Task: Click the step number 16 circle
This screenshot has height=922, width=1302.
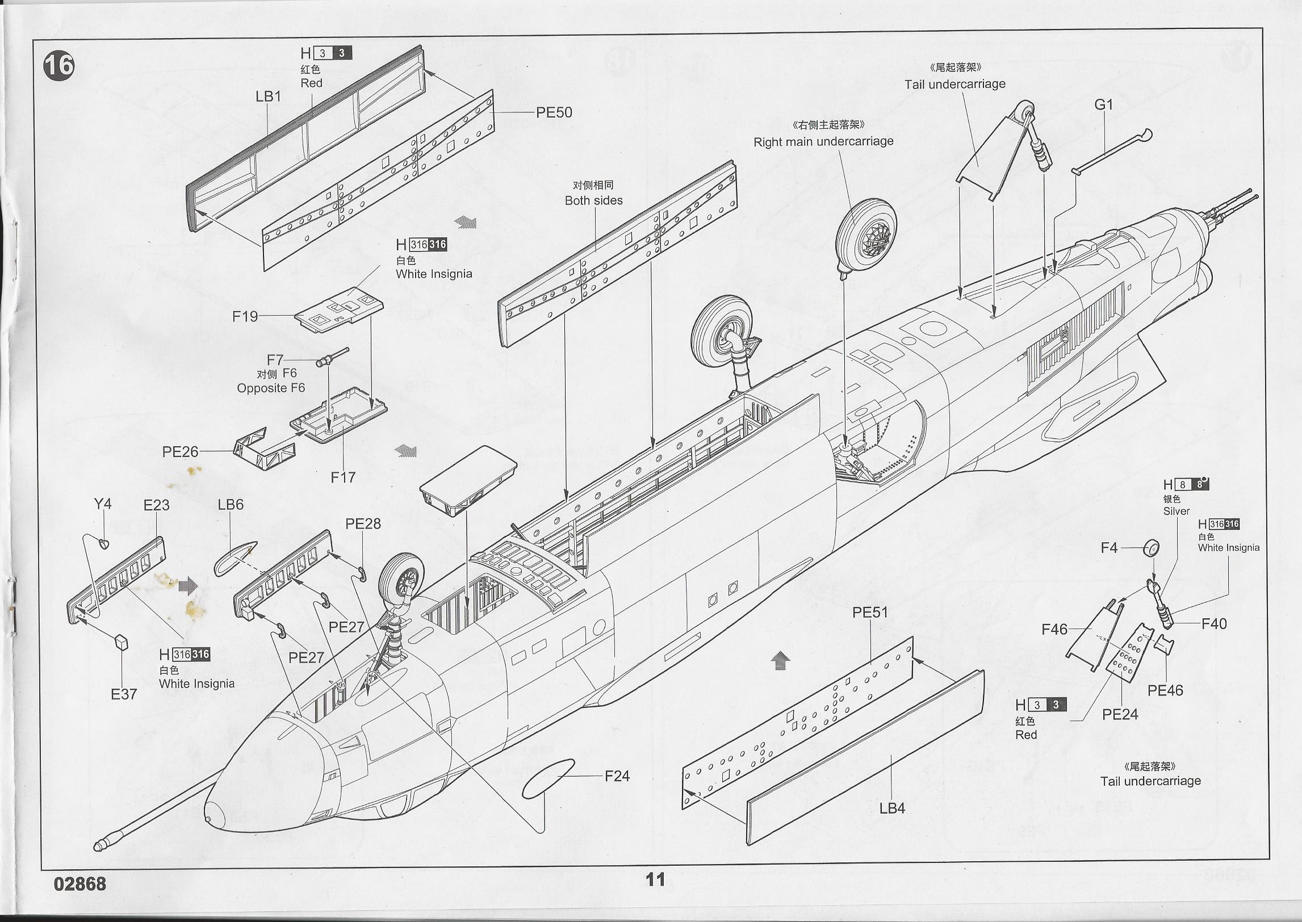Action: pyautogui.click(x=58, y=66)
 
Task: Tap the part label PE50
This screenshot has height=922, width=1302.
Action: pyautogui.click(x=554, y=112)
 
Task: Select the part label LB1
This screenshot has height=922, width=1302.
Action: pyautogui.click(x=269, y=97)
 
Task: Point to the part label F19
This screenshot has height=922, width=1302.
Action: pyautogui.click(x=245, y=316)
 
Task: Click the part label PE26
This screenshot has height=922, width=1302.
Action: pyautogui.click(x=180, y=452)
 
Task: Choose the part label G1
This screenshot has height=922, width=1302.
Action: pyautogui.click(x=1103, y=104)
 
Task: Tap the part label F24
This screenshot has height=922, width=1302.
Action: pyautogui.click(x=617, y=776)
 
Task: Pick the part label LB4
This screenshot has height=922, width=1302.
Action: pyautogui.click(x=892, y=808)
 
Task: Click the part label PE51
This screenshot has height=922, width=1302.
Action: pyautogui.click(x=869, y=613)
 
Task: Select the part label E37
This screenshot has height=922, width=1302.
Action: pyautogui.click(x=124, y=694)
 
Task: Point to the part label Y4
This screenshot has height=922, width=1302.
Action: pyautogui.click(x=103, y=504)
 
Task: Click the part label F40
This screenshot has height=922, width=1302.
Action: pyautogui.click(x=1214, y=624)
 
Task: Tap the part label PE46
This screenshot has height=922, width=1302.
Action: pyautogui.click(x=1165, y=690)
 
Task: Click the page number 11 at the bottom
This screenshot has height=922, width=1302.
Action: pyautogui.click(x=655, y=879)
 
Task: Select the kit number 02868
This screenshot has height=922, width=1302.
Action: pyautogui.click(x=80, y=884)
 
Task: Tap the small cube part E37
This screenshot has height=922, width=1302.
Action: pyautogui.click(x=122, y=642)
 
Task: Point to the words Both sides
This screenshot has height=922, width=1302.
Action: pyautogui.click(x=593, y=200)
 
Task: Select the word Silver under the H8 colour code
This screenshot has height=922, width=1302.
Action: pyautogui.click(x=1176, y=511)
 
